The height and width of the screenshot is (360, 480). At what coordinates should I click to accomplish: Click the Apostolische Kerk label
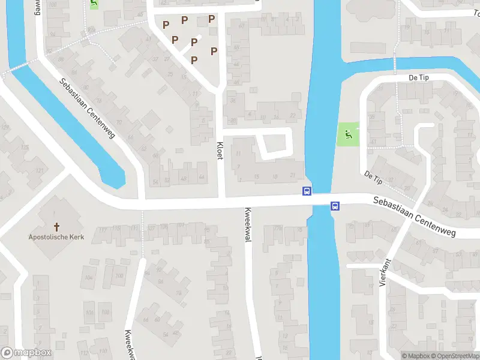56,237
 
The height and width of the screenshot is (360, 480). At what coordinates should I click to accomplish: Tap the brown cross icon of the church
58,226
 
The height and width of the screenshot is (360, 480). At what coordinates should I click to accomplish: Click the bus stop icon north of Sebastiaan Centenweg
307,191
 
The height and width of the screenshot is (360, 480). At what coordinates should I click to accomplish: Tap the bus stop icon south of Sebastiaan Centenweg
335,206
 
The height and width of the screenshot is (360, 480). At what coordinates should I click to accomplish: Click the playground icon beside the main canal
347,135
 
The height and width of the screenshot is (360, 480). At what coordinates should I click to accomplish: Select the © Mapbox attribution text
415,356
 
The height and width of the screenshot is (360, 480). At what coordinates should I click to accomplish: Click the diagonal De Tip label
373,177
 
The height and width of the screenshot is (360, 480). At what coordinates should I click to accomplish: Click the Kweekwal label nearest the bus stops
247,225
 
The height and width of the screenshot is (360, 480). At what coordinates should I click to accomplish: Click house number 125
25,148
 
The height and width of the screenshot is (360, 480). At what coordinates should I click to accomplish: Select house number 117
102,229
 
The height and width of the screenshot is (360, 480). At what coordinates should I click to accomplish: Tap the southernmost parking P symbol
194,59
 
